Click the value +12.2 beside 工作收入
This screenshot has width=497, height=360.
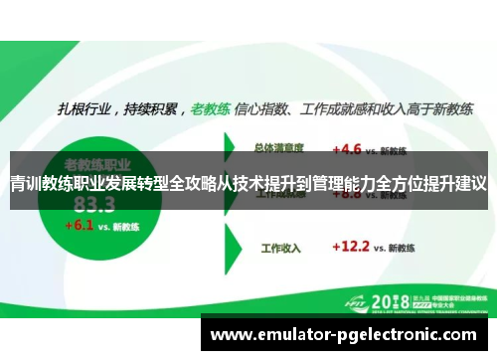point(352,245)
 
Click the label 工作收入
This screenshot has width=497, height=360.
point(279,246)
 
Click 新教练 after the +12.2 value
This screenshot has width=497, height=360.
point(404,246)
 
